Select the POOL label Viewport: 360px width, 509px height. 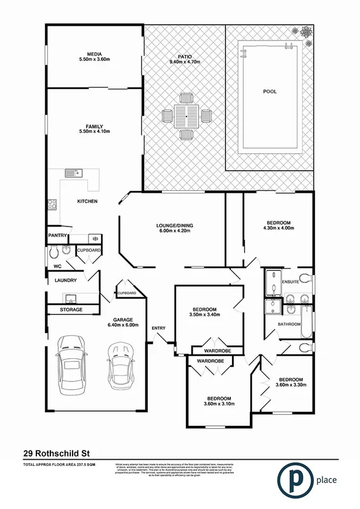tap(270, 91)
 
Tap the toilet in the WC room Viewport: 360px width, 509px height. tap(54, 251)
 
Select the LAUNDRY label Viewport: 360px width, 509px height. tap(65, 281)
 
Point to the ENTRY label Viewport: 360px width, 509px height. tap(158, 327)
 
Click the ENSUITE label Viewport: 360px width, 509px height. tap(290, 283)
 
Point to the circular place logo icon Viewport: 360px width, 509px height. tap(293, 481)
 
